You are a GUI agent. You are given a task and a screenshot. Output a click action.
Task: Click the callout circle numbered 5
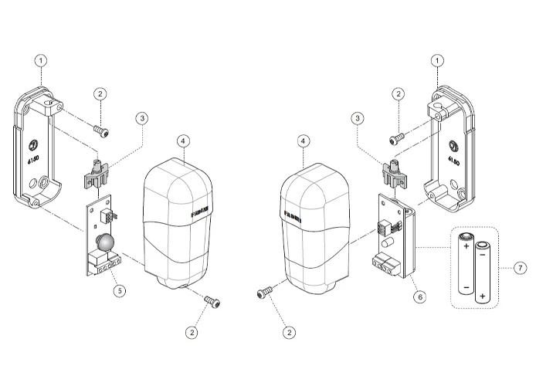click(x=119, y=291)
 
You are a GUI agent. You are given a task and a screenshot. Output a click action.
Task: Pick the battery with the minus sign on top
click(x=483, y=274)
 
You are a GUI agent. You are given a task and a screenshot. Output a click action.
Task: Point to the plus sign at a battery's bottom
click(x=483, y=296)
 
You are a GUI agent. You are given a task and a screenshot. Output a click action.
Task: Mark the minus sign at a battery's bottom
click(x=466, y=287)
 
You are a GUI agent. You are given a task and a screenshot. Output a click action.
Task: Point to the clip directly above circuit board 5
click(x=97, y=174)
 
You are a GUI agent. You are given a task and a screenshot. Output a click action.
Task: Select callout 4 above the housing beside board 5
click(x=183, y=142)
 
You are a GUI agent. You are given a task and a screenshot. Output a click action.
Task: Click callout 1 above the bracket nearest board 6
click(x=439, y=59)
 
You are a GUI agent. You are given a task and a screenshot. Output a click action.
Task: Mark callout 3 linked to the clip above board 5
click(x=141, y=118)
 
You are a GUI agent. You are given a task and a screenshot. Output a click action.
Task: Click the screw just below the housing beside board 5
click(x=214, y=300)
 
